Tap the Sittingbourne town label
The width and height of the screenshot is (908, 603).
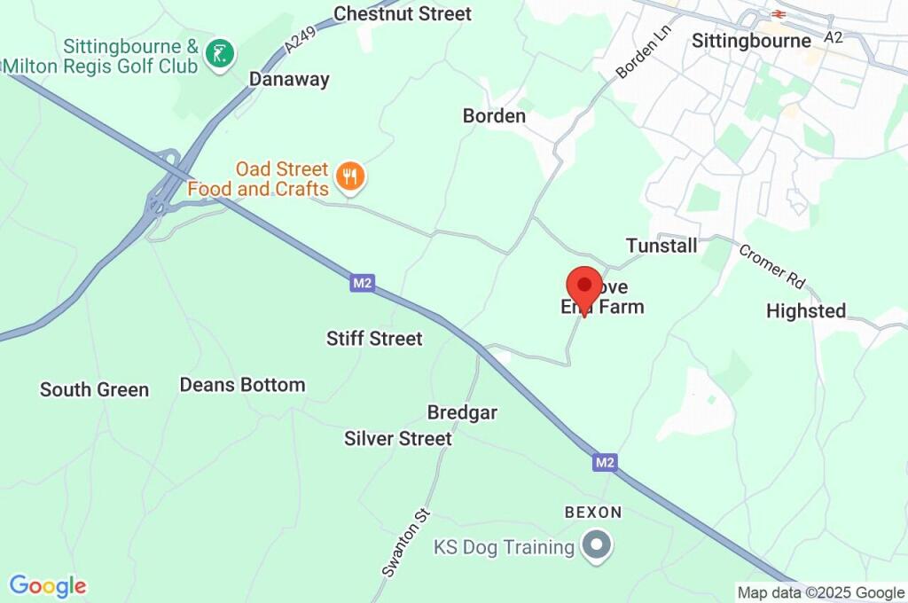(751, 41)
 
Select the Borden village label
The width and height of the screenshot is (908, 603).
(494, 116)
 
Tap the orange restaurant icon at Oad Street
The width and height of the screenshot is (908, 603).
(352, 176)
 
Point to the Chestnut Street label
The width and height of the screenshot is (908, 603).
(403, 13)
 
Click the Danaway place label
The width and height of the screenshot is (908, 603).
(289, 79)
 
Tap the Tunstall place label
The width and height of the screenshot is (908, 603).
(661, 246)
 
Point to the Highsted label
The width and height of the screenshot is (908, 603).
(806, 311)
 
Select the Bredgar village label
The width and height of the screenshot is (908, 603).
(462, 412)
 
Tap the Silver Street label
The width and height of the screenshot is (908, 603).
(398, 438)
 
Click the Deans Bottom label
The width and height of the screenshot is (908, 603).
(242, 385)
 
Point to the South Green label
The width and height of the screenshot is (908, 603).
(95, 389)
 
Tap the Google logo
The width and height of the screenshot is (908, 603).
(48, 585)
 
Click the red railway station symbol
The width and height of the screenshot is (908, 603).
(779, 14)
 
